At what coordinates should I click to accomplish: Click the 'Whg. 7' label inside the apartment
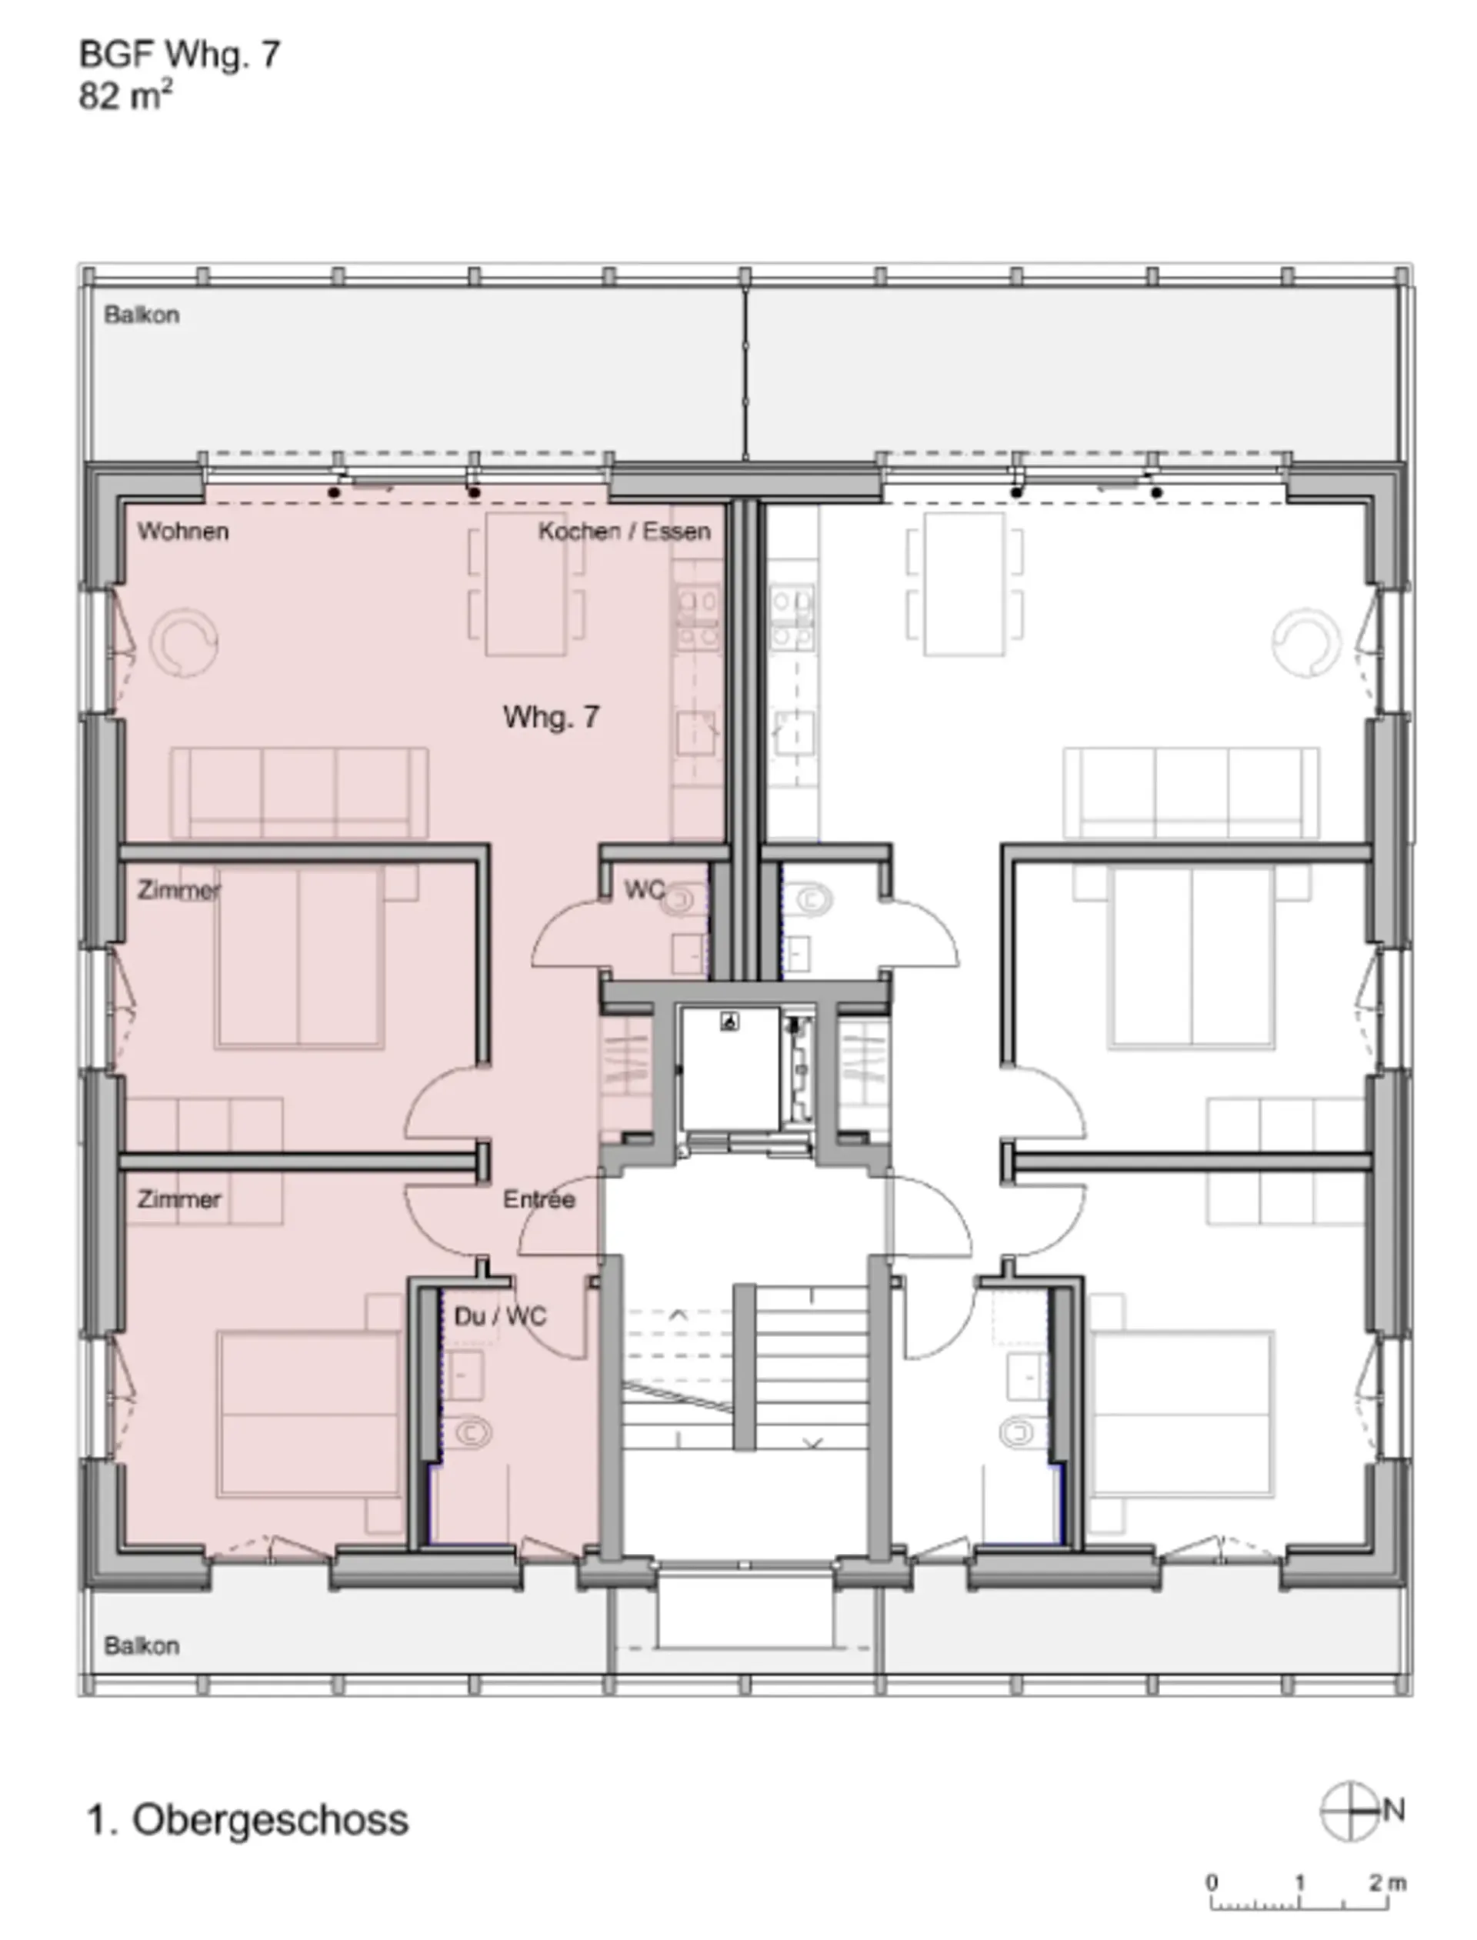[x=552, y=717]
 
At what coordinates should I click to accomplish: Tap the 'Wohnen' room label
[x=183, y=531]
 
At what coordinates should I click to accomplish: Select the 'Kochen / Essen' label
[x=624, y=531]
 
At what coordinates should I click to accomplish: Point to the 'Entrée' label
[x=539, y=1199]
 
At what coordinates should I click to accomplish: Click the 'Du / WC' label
[x=500, y=1316]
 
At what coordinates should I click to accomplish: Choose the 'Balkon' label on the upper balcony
[x=142, y=315]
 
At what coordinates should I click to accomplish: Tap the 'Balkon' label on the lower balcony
[x=142, y=1645]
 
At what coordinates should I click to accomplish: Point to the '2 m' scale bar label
[x=1387, y=1882]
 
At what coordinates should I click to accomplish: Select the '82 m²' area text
[x=125, y=95]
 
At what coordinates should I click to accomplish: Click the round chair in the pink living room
[x=184, y=642]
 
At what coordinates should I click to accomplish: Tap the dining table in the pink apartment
[x=525, y=585]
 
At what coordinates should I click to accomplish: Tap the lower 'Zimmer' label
[x=178, y=1199]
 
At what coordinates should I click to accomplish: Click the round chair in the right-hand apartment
[x=1306, y=642]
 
